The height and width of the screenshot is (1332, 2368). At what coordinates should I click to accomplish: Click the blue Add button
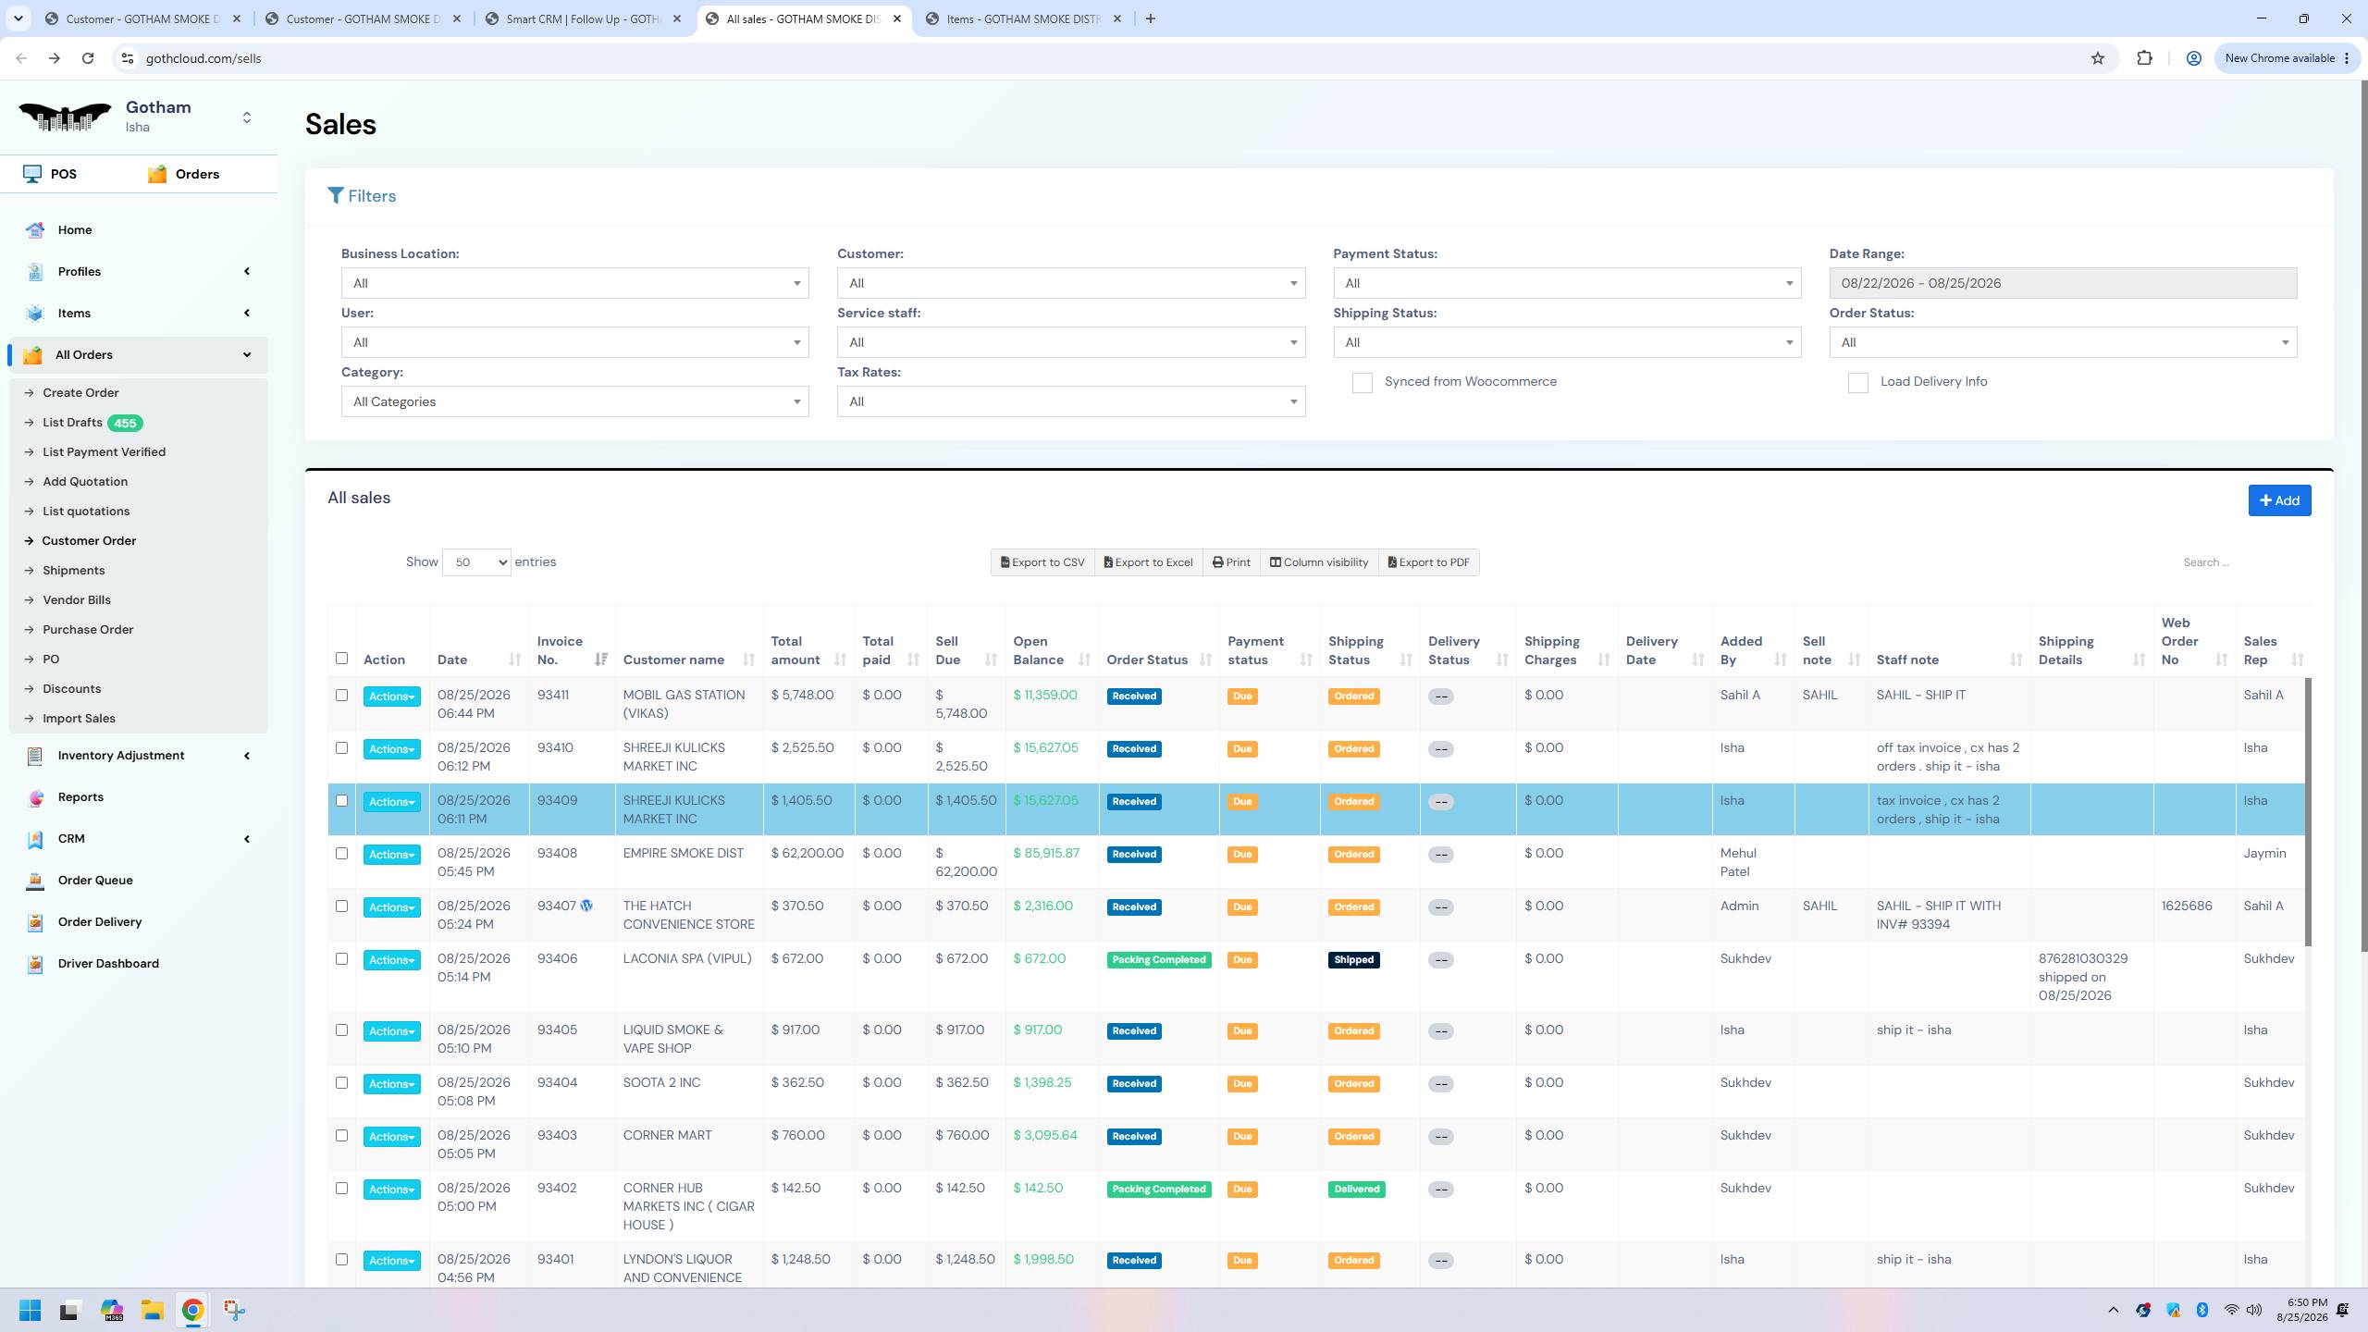click(2279, 500)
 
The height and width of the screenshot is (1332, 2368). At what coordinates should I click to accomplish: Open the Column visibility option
click(1318, 562)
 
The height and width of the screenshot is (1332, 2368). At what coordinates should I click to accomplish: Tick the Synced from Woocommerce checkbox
click(1362, 383)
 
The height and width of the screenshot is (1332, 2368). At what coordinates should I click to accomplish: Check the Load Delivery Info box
click(1857, 383)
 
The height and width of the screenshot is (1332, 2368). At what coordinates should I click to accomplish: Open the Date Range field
click(2063, 283)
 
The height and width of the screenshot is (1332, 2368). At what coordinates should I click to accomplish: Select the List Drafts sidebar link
click(72, 423)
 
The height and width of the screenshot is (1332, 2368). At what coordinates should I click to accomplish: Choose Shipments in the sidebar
click(73, 571)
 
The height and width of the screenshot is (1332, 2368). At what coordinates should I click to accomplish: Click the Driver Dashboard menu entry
click(108, 964)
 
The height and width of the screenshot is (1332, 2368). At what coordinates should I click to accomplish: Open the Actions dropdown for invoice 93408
click(391, 855)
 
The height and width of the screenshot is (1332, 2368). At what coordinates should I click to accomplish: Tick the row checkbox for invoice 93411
click(341, 696)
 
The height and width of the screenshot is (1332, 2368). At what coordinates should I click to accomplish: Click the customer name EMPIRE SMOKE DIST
click(683, 854)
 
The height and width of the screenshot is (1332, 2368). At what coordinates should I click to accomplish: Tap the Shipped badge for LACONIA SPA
click(1353, 960)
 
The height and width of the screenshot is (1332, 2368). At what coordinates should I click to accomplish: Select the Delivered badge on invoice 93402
click(1356, 1190)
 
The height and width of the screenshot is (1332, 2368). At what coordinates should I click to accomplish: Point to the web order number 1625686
click(2187, 906)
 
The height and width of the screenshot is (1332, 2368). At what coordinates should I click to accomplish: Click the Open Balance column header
click(1038, 650)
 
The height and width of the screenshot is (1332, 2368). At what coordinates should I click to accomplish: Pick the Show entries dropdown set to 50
click(476, 562)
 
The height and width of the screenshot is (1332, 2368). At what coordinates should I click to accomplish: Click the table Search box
click(2238, 562)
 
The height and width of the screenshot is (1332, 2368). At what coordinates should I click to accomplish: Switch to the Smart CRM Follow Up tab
click(584, 18)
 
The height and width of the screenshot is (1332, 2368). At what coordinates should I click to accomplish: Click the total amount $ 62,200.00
click(807, 854)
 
